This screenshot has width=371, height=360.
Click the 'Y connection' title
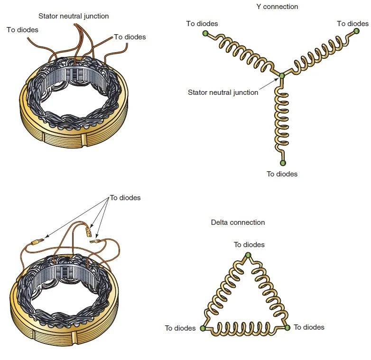click(x=277, y=7)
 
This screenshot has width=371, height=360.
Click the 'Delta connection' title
click(x=238, y=222)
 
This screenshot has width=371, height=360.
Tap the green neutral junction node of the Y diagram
click(x=282, y=75)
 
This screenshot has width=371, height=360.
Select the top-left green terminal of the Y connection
click(x=205, y=33)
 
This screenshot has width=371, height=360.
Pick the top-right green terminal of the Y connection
click(x=357, y=31)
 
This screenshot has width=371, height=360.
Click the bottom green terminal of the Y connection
click(x=283, y=163)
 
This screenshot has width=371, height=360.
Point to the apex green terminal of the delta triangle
click(x=248, y=255)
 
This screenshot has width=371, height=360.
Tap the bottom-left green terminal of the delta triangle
click(x=203, y=328)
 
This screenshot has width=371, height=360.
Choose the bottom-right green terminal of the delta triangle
click(x=288, y=327)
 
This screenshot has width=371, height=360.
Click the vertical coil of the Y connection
click(x=283, y=121)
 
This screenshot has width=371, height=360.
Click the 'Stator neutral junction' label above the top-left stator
click(x=74, y=16)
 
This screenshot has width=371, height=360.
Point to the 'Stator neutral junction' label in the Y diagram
click(x=223, y=92)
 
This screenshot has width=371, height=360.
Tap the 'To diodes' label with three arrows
click(x=125, y=198)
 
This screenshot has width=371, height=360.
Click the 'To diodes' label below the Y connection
click(x=282, y=174)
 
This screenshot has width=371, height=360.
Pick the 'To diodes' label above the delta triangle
click(x=249, y=245)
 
